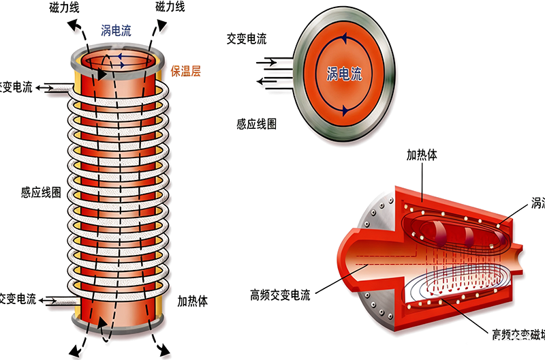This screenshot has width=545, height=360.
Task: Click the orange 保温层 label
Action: click(185, 70)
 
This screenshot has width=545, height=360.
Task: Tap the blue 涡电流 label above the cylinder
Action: click(116, 30)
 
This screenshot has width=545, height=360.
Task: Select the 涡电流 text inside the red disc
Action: click(345, 73)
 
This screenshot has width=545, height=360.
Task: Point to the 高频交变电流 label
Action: click(280, 295)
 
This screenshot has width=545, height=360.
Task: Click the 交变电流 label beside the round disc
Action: click(247, 38)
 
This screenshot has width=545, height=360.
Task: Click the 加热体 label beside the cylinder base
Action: click(193, 299)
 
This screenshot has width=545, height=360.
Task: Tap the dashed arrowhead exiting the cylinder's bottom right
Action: click(163, 349)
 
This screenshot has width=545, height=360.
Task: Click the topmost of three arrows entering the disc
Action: click(268, 61)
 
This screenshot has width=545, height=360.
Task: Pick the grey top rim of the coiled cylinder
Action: click(119, 47)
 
